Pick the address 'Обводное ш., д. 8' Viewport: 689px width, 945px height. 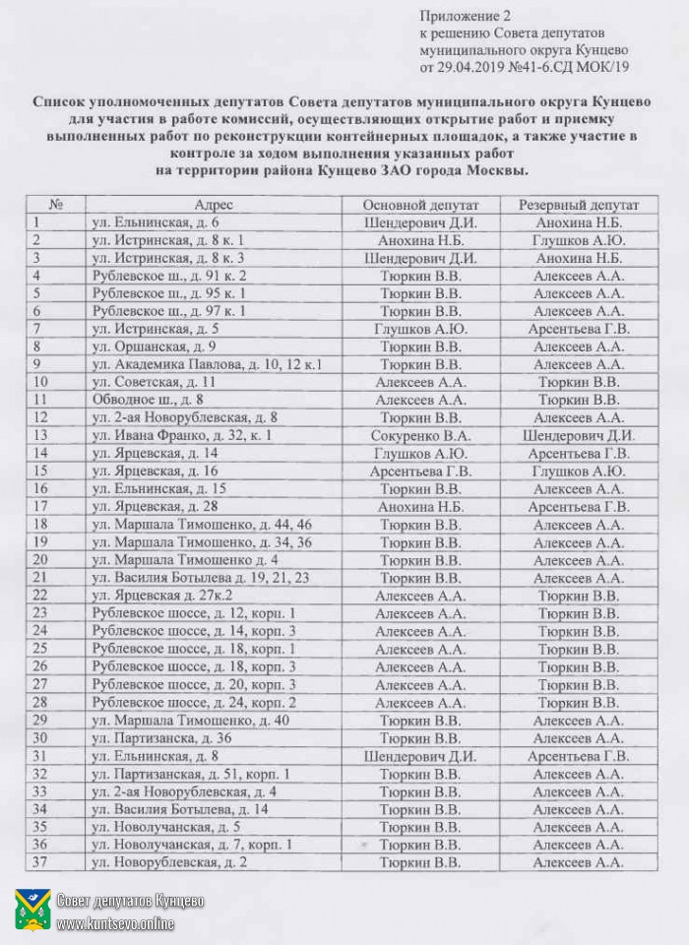click(147, 400)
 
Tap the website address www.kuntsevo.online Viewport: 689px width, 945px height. click(115, 923)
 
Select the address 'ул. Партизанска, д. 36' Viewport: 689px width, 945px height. click(160, 737)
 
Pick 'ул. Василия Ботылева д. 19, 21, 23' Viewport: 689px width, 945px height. click(200, 577)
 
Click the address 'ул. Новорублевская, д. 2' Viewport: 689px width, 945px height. click(168, 862)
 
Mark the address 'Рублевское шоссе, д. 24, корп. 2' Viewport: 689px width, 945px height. click(193, 702)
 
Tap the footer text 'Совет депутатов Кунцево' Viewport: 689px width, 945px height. click(130, 901)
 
